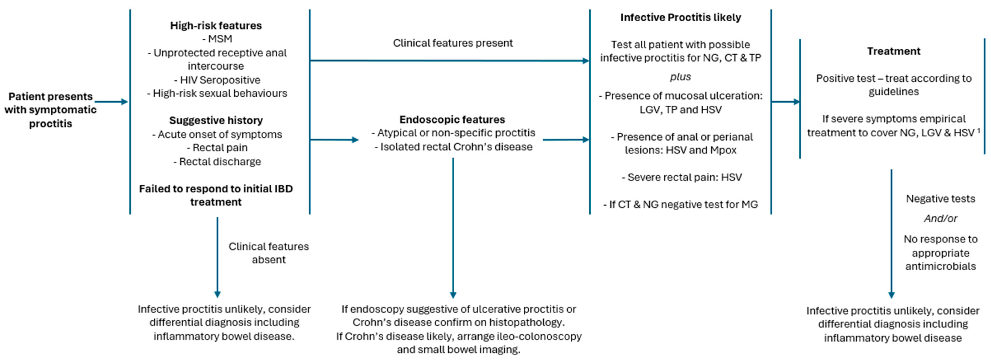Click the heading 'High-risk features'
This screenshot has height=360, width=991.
[x=216, y=25]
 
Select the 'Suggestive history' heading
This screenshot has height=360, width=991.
[x=216, y=120]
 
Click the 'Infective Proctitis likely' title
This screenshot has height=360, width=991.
[x=680, y=17]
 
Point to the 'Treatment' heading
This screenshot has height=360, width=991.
[x=893, y=51]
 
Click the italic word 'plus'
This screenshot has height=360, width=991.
[x=680, y=77]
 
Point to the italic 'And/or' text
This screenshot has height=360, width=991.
[x=940, y=218]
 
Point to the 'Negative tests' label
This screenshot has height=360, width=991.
[x=940, y=199]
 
